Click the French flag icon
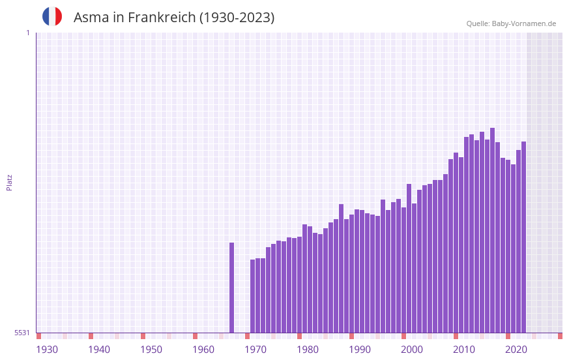(x=52, y=16)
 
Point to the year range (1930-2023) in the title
(x=237, y=18)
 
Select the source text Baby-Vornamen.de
(x=523, y=23)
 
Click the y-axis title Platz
(x=9, y=182)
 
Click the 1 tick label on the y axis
(x=27, y=33)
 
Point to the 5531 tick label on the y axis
(x=23, y=333)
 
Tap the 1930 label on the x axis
(x=47, y=350)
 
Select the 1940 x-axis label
(x=99, y=350)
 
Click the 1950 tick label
(x=151, y=350)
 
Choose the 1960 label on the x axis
(x=203, y=350)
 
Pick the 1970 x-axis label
(x=255, y=350)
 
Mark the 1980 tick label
(x=308, y=350)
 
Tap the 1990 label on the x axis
(x=360, y=350)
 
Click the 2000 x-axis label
(x=412, y=350)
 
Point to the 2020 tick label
(x=516, y=350)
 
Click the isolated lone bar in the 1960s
(x=231, y=287)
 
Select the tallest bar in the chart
(x=492, y=228)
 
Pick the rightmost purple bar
(x=523, y=235)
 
